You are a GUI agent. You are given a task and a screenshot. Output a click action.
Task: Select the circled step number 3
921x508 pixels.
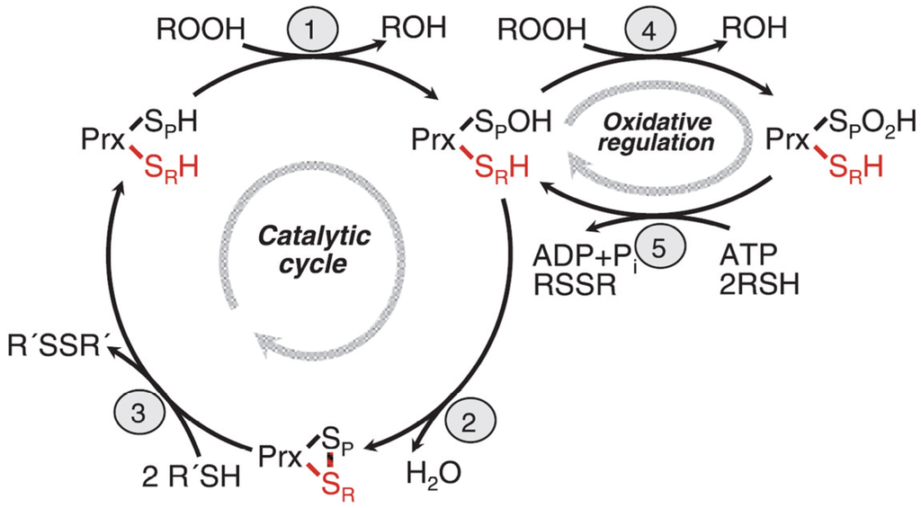[136, 413]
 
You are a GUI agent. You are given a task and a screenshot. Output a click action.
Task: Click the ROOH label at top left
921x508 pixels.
[200, 30]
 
